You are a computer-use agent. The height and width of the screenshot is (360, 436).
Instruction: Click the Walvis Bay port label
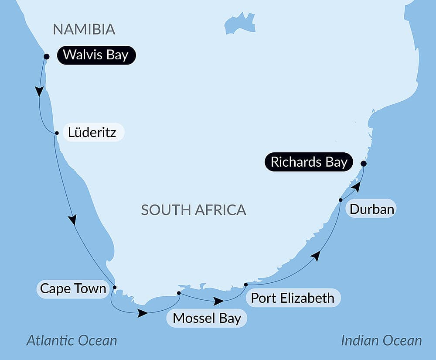(96, 55)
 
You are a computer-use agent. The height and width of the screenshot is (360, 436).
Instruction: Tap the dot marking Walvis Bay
(47, 56)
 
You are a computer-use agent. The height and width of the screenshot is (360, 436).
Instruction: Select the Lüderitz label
(92, 132)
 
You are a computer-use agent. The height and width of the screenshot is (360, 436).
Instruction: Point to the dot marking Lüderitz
(56, 133)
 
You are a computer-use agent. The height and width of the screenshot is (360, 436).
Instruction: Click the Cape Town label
(73, 288)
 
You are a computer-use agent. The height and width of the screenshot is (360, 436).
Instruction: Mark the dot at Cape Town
(115, 287)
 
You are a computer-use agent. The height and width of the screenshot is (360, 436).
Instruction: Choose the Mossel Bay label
(207, 318)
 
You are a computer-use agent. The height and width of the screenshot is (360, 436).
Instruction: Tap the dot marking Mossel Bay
(179, 293)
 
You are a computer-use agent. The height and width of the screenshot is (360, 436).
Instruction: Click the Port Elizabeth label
(292, 298)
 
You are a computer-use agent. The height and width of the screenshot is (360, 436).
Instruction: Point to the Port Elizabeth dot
(246, 285)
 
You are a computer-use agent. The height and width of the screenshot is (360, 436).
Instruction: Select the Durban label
(372, 209)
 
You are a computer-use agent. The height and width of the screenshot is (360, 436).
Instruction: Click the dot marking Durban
(341, 200)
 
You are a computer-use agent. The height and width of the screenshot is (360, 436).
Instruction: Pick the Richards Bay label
(309, 162)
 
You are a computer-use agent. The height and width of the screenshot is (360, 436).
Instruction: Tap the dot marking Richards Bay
(363, 164)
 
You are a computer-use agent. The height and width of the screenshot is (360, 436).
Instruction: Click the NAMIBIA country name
(84, 29)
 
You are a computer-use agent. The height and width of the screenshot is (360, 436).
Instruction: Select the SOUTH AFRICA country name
(194, 210)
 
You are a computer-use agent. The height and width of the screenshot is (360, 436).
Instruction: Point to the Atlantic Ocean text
(72, 340)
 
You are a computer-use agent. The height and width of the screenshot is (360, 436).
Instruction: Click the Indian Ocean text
(381, 340)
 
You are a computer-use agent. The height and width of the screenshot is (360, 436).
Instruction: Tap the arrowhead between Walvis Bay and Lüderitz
(40, 91)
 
